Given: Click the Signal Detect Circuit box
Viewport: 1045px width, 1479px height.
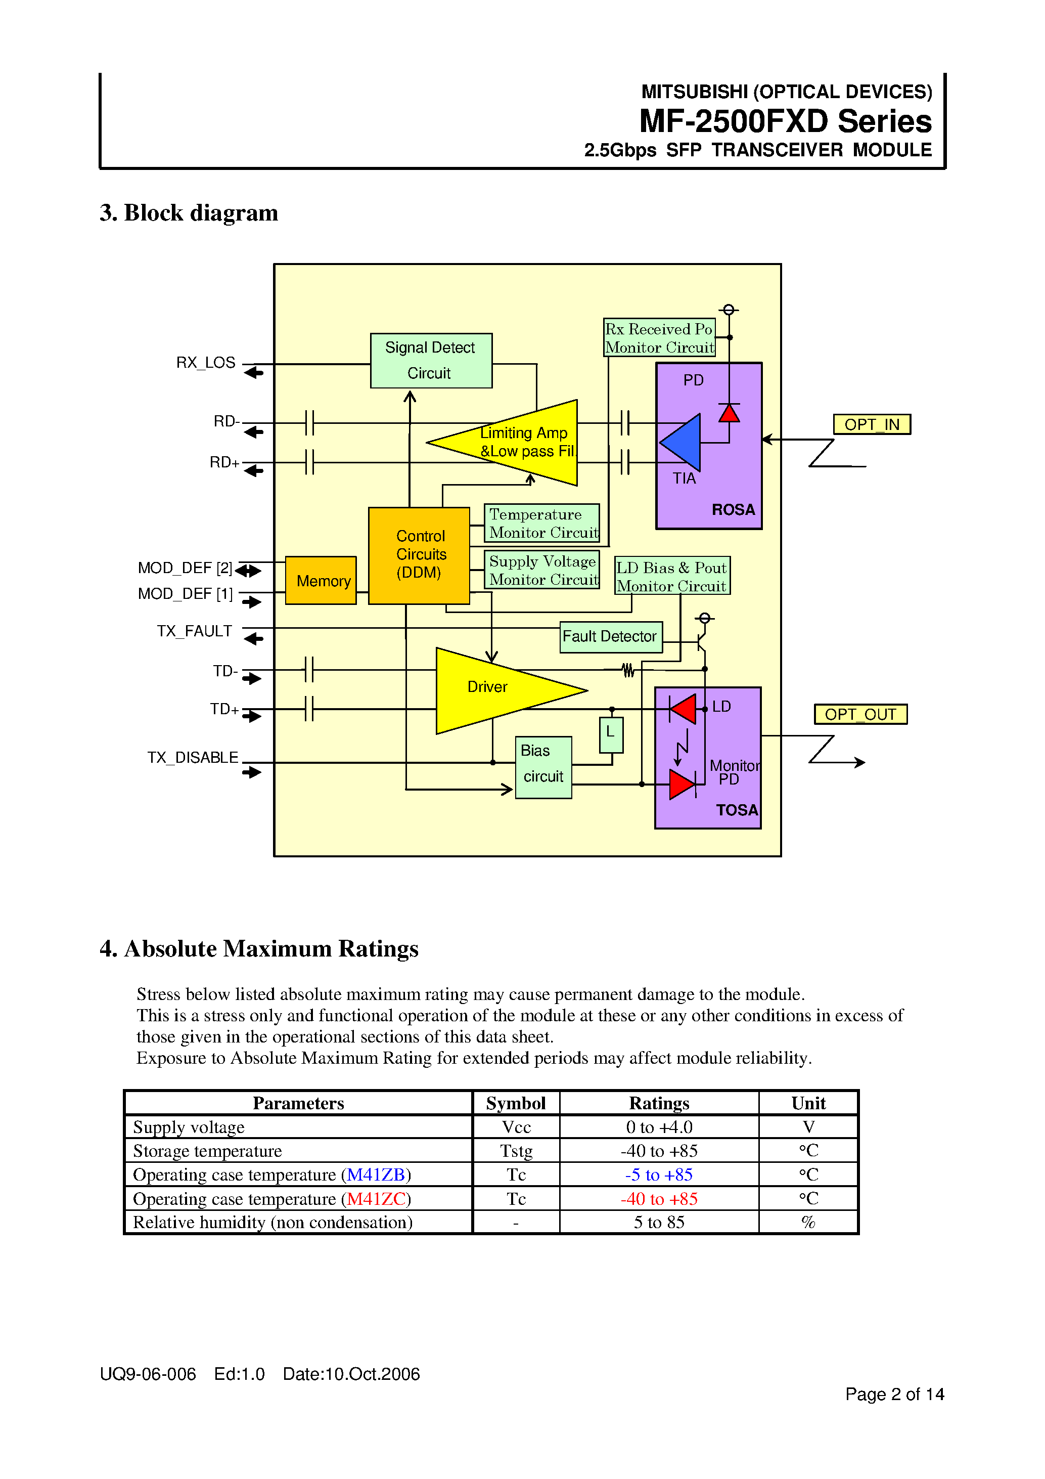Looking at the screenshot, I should (431, 360).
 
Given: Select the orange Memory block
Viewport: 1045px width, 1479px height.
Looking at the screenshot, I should (321, 580).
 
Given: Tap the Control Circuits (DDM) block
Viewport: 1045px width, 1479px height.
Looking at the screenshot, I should (419, 555).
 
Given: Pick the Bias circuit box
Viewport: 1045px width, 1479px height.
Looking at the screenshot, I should (543, 766).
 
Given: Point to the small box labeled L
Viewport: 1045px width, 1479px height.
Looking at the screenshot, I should (610, 734).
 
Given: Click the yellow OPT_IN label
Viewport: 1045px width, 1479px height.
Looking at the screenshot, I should (871, 424).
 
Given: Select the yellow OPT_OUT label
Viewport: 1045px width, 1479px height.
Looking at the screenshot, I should (859, 714).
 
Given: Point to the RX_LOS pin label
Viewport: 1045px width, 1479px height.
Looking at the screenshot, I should (205, 363).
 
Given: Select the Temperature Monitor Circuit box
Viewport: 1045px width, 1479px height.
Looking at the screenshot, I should (541, 523).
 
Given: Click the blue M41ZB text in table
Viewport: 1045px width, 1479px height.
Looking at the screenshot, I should (375, 1174).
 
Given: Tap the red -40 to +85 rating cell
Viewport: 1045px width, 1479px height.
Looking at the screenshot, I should (659, 1199).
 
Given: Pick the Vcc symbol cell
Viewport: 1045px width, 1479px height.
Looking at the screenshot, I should (516, 1126).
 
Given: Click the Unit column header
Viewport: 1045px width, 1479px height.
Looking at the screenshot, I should (807, 1103).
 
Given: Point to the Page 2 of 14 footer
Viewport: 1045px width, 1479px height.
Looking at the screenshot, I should (894, 1394).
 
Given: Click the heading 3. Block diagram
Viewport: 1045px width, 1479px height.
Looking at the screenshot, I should (189, 212).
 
